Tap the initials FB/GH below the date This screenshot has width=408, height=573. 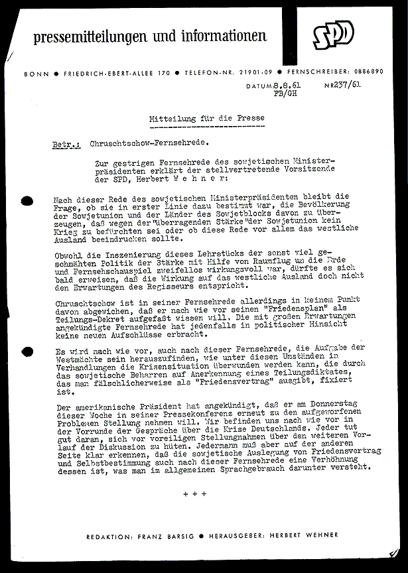pos(281,94)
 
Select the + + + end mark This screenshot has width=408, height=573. pos(195,493)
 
